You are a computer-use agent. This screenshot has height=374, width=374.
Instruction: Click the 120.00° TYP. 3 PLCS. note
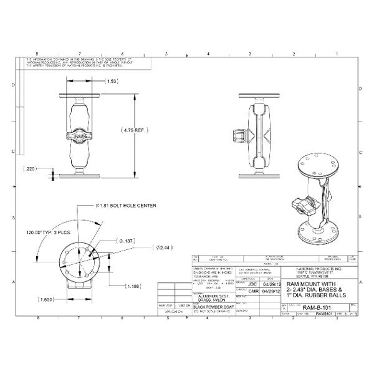tap(54, 231)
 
